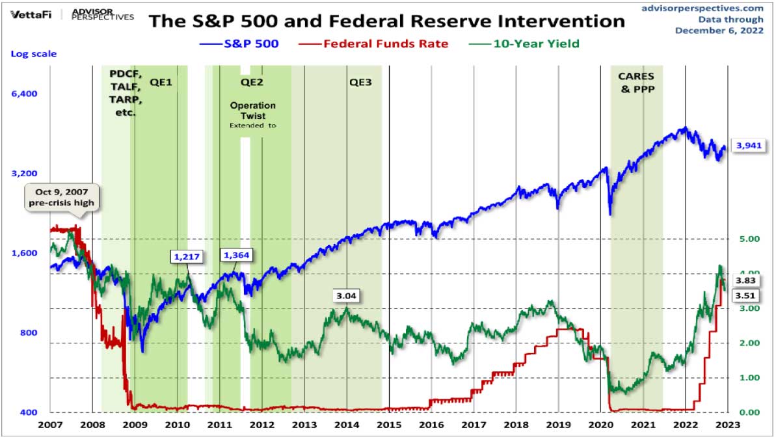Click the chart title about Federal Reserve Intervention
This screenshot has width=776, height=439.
[386, 21]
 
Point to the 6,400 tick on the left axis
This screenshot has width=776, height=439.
[24, 93]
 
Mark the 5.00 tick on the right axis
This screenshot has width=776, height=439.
[751, 239]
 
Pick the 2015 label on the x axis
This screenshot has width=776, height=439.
[389, 425]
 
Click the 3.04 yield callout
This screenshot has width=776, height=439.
[346, 296]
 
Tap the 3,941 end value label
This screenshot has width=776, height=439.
[747, 146]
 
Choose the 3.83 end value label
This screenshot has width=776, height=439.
[744, 280]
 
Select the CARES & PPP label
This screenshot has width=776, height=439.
[636, 83]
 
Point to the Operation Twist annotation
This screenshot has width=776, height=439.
[253, 111]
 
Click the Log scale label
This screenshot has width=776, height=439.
[33, 53]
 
